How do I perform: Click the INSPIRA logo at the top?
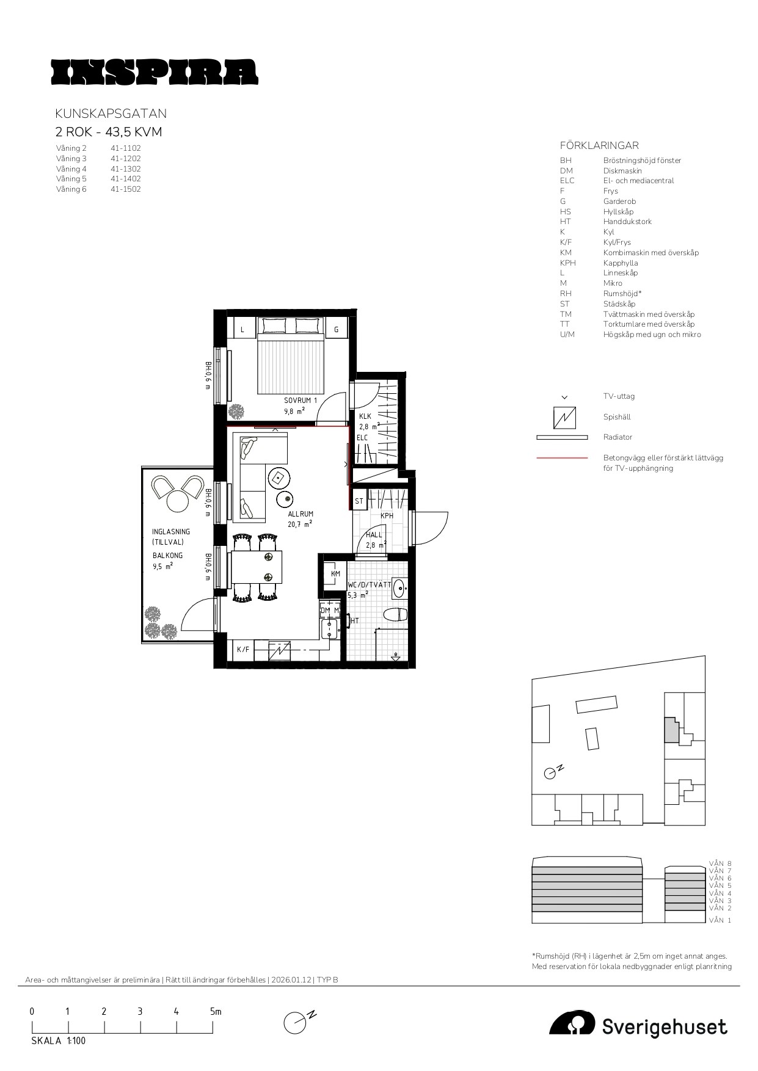click(x=154, y=71)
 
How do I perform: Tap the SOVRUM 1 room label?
click(x=301, y=401)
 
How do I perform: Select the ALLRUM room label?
click(x=301, y=514)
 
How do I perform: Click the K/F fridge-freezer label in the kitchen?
click(x=243, y=650)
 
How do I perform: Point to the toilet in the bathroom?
click(x=395, y=614)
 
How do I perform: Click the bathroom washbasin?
click(x=399, y=588)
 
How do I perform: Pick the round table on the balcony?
click(x=178, y=502)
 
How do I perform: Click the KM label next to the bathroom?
click(x=335, y=574)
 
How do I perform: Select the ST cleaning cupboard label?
click(x=359, y=501)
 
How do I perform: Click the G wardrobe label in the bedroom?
click(x=336, y=330)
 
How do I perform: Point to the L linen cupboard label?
click(x=242, y=330)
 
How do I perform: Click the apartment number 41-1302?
click(x=126, y=169)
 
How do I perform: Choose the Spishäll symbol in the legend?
click(x=564, y=417)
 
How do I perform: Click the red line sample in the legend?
click(x=562, y=457)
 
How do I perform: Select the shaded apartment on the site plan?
click(x=671, y=730)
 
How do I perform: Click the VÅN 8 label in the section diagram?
click(x=720, y=863)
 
